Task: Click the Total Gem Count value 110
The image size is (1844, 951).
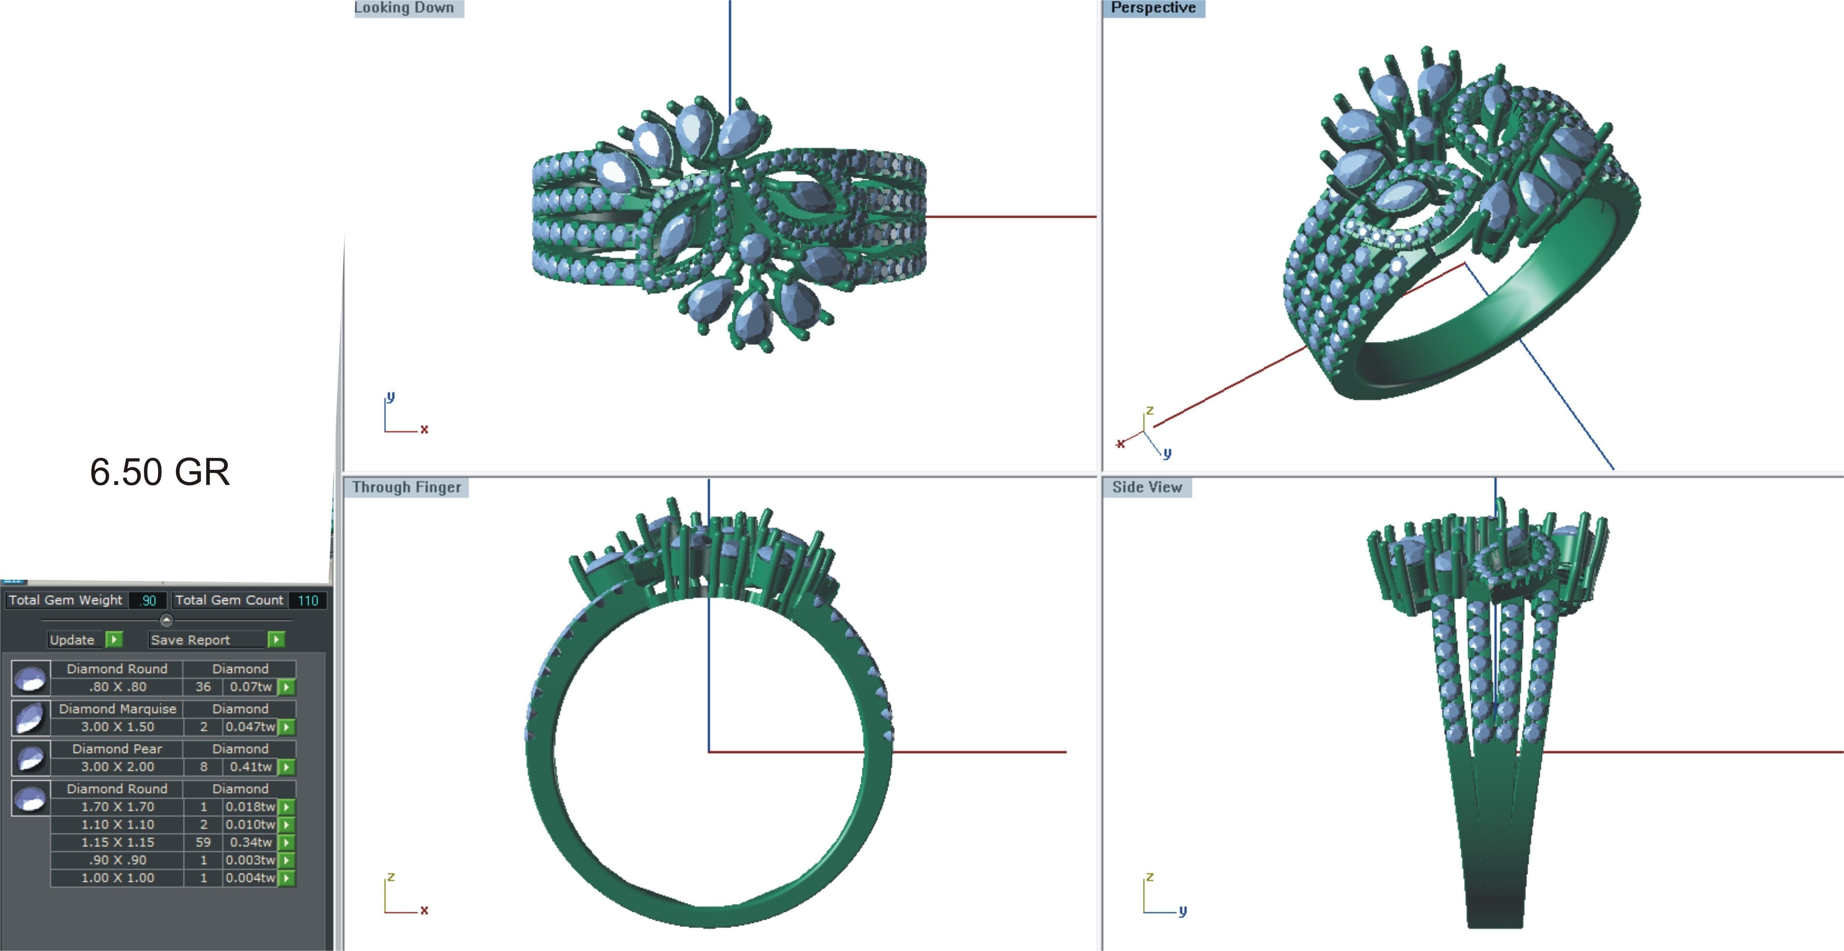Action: coord(308,601)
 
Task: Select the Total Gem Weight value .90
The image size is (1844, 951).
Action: coord(148,601)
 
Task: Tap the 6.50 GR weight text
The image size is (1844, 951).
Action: coord(160,472)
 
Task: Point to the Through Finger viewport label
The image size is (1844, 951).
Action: coord(406,487)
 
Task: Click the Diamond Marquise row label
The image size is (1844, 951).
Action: coord(117,709)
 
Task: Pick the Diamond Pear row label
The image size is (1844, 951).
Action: coord(117,749)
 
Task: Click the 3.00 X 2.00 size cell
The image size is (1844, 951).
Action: coord(117,766)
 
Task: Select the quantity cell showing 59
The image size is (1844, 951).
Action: coord(203,842)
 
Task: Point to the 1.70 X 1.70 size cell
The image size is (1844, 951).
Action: coord(117,806)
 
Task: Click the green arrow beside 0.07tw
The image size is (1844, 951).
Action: coord(286,687)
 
